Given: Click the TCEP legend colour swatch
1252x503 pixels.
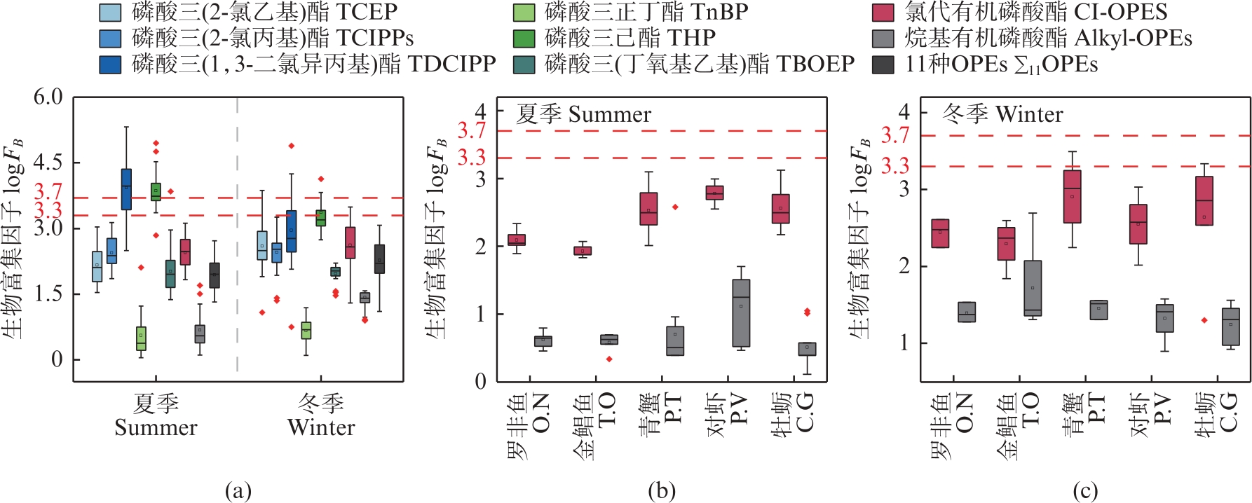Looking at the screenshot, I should pyautogui.click(x=110, y=13).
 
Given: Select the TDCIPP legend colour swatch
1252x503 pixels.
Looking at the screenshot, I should pyautogui.click(x=110, y=64).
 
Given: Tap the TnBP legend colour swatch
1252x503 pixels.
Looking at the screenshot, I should pyautogui.click(x=524, y=13).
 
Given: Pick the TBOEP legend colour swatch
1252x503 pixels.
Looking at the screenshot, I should pyautogui.click(x=524, y=64).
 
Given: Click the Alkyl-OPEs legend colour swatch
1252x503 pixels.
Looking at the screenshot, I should pyautogui.click(x=883, y=39).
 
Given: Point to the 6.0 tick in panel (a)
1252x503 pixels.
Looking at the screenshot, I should pyautogui.click(x=48, y=97).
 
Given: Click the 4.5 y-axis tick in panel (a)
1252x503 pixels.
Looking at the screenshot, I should pyautogui.click(x=48, y=163).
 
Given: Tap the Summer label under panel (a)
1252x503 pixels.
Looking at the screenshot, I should pyautogui.click(x=156, y=427).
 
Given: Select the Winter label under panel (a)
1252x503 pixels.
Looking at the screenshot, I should pyautogui.click(x=321, y=427).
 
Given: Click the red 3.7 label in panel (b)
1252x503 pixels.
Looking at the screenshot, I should pyautogui.click(x=472, y=130).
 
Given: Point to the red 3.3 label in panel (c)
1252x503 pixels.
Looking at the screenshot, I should pyautogui.click(x=895, y=166).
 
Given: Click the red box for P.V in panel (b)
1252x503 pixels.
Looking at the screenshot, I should pyautogui.click(x=714, y=193).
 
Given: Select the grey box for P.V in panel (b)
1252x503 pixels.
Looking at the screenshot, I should pyautogui.click(x=741, y=312).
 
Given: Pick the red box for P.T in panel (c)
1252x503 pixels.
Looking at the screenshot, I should pyautogui.click(x=1072, y=196).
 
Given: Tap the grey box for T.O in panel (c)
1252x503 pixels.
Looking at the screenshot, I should pyautogui.click(x=1033, y=288).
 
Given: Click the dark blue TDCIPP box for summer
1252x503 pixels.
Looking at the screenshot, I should pyautogui.click(x=126, y=188).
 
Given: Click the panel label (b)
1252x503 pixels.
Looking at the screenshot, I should pyautogui.click(x=661, y=491).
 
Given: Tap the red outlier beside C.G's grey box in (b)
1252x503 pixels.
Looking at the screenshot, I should pyautogui.click(x=807, y=312).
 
